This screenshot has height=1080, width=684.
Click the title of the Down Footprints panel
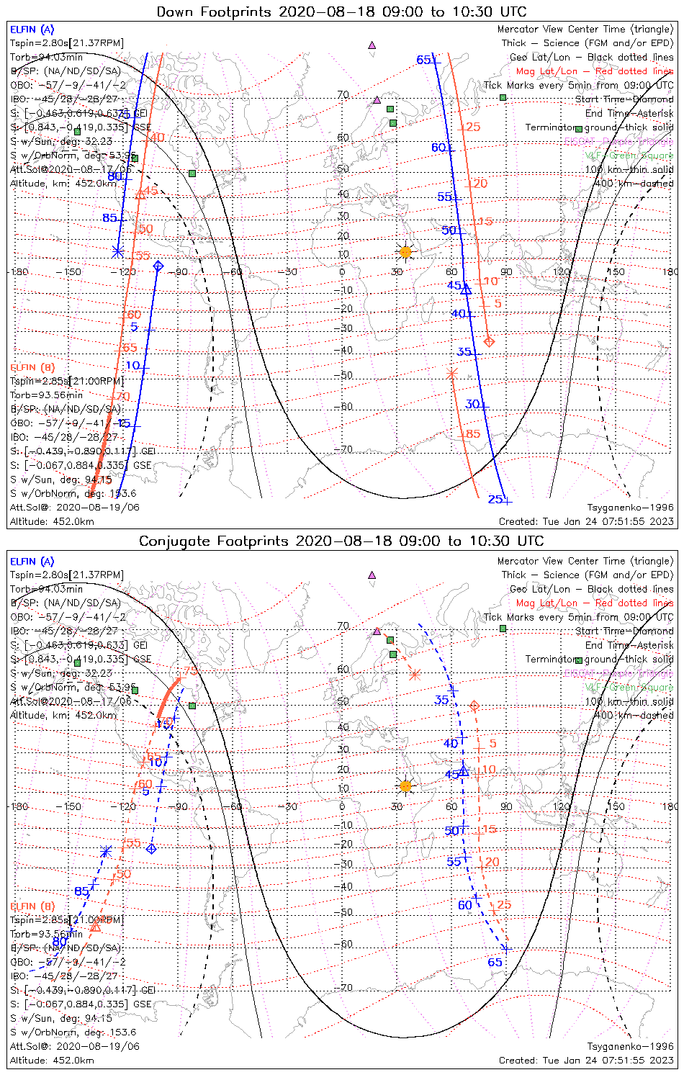tap(341, 12)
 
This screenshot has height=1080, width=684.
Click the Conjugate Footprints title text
tap(341, 541)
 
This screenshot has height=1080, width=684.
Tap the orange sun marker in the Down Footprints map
tap(405, 251)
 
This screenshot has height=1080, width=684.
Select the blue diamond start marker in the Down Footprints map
tap(158, 266)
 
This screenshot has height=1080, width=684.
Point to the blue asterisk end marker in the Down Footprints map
tap(117, 251)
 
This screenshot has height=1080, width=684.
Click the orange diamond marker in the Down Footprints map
tap(489, 341)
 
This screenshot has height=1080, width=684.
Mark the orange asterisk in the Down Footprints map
tap(452, 373)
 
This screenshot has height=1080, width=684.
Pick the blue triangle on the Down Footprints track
tap(465, 289)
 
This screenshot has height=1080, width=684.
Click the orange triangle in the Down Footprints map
tap(141, 194)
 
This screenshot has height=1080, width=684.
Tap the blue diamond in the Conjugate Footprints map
tap(151, 848)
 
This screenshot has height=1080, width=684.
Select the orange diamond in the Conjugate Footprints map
tap(474, 706)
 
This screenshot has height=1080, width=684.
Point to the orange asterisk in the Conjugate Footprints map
tap(415, 675)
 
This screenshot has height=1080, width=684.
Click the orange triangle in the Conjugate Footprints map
tap(95, 927)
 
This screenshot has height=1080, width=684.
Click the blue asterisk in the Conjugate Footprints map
tap(106, 852)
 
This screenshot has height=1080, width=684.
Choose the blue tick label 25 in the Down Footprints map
tap(495, 500)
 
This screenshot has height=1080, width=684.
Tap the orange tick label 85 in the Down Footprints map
tap(472, 433)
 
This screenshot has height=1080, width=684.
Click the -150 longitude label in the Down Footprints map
tap(73, 272)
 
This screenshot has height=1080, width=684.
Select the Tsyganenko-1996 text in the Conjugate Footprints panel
tap(630, 1046)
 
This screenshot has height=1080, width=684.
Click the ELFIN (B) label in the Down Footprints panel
tap(32, 367)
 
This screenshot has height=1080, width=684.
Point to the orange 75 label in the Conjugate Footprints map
tap(190, 671)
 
